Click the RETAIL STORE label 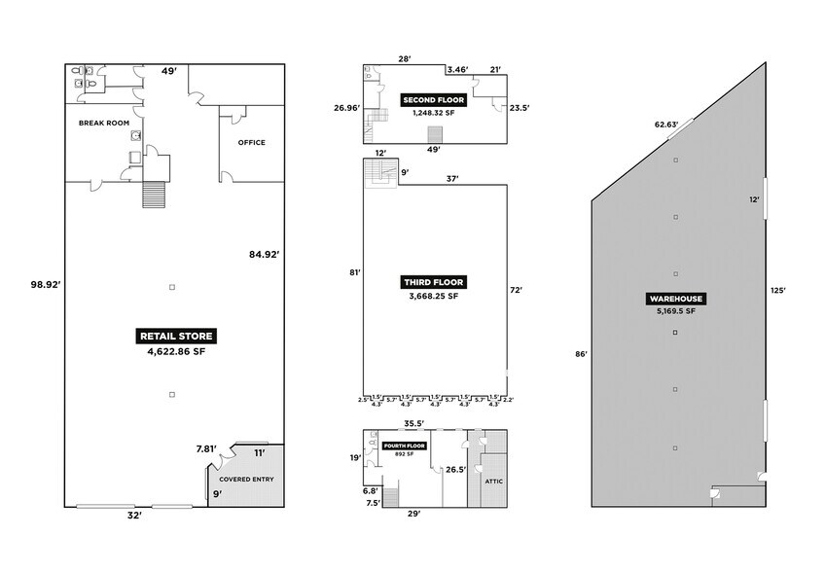[x=175, y=336]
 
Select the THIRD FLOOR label [x=434, y=282]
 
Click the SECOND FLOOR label [x=434, y=99]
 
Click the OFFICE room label [x=251, y=142]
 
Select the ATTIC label [x=486, y=481]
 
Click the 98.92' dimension [x=43, y=284]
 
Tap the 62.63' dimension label [x=664, y=124]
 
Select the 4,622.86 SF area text [x=175, y=351]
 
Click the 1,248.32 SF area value [x=434, y=113]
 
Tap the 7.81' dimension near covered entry [x=204, y=448]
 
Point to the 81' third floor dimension [x=355, y=272]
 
